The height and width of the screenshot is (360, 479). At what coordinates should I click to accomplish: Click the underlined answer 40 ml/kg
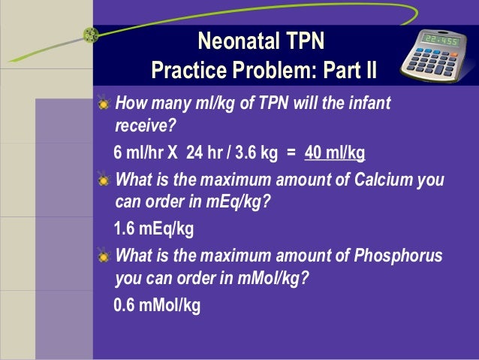[x=335, y=154]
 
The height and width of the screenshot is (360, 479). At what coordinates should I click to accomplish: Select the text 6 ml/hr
[x=139, y=154]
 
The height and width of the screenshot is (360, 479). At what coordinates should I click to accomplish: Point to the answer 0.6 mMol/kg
[x=157, y=306]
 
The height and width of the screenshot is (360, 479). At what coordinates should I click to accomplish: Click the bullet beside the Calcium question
[x=103, y=180]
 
